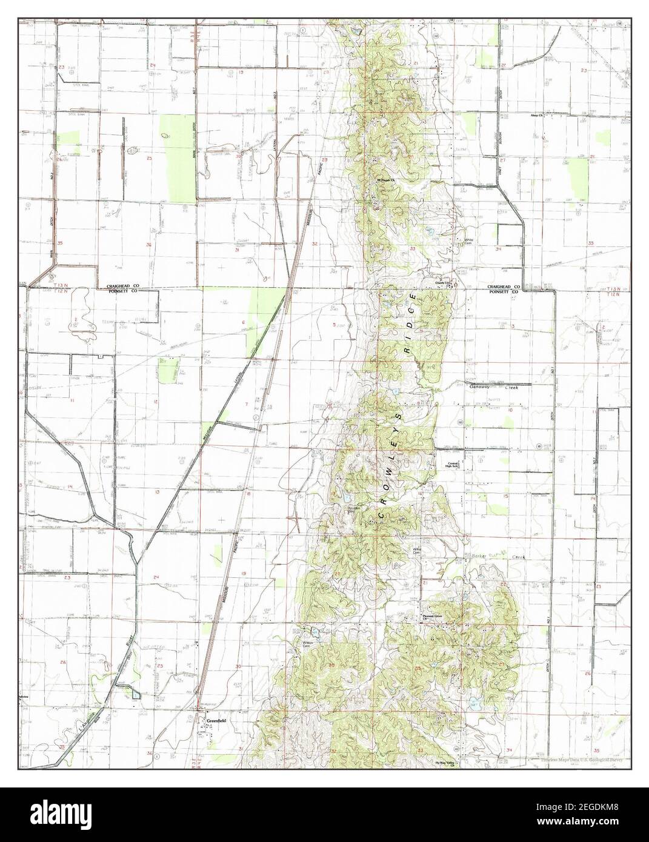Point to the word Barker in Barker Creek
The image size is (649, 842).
[482, 556]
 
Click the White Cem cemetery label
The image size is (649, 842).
[468, 241]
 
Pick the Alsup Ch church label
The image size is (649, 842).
[538, 115]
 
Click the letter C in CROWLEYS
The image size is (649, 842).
[382, 515]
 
